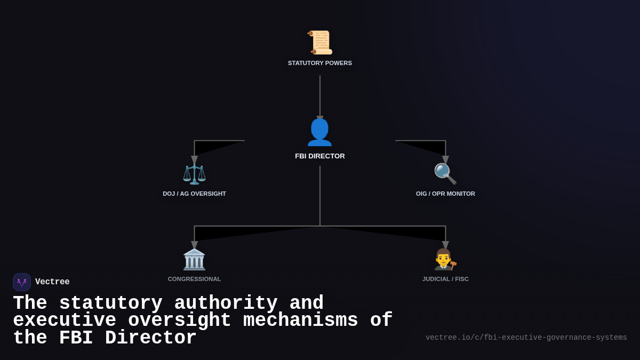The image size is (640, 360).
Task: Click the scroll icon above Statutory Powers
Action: (x=320, y=43)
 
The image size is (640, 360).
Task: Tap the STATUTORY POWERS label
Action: (x=320, y=63)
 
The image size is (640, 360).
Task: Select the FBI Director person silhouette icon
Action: (x=320, y=132)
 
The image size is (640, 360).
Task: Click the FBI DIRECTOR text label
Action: (x=320, y=156)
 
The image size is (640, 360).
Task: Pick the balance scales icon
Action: (x=194, y=174)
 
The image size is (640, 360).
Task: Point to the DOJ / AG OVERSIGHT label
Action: (x=194, y=194)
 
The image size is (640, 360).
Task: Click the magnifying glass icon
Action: (x=445, y=174)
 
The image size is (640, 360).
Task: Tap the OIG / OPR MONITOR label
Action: (x=445, y=194)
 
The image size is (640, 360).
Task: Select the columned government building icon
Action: (x=194, y=259)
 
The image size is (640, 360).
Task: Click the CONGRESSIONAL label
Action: (x=194, y=279)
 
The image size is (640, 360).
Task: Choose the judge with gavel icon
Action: (x=445, y=259)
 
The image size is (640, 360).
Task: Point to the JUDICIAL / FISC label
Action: (x=445, y=279)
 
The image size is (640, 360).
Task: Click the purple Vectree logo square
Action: (x=22, y=282)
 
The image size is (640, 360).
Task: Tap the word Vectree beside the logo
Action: (x=52, y=282)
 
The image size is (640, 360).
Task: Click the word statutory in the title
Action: (x=110, y=303)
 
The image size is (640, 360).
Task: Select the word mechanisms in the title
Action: (x=300, y=321)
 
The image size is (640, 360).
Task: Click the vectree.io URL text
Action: (x=526, y=338)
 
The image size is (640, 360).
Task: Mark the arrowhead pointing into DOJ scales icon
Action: (x=194, y=160)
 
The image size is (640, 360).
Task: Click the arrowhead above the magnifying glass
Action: (x=445, y=160)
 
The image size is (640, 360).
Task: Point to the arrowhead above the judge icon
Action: (x=445, y=245)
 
